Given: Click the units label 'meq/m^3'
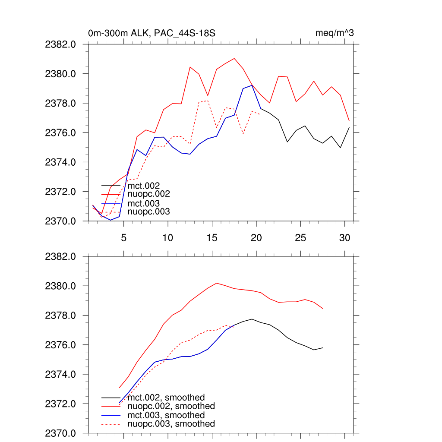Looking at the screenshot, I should coord(335,33).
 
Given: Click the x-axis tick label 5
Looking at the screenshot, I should coord(124,237).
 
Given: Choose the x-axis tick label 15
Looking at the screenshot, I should coord(212,237).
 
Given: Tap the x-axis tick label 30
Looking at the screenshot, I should coord(344,237).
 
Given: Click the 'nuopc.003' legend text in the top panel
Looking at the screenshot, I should coord(149,212).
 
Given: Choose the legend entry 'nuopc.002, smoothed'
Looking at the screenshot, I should coord(171,406).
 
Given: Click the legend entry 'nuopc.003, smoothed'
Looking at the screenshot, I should coord(171,424).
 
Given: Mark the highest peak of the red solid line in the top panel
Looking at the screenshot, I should coord(234,58).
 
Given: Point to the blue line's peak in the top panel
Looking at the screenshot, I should coord(252,85).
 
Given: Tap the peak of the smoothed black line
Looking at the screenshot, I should coord(252,319).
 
